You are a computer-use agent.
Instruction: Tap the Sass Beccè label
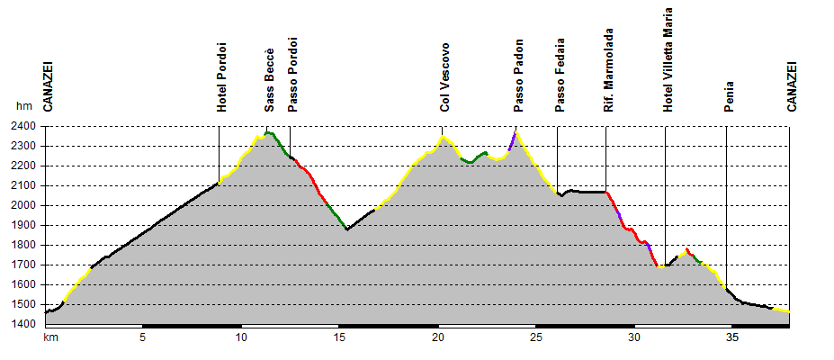pyautogui.click(x=269, y=80)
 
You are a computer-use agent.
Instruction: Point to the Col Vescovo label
pyautogui.click(x=444, y=78)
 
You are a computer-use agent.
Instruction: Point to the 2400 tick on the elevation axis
pyautogui.click(x=25, y=126)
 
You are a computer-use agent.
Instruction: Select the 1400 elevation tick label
pyautogui.click(x=25, y=324)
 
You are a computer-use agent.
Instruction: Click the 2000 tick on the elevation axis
pyautogui.click(x=25, y=205)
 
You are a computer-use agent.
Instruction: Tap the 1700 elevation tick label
pyautogui.click(x=25, y=265)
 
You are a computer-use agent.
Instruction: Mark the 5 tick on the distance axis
pyautogui.click(x=142, y=337)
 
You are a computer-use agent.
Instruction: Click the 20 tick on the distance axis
pyautogui.click(x=438, y=337)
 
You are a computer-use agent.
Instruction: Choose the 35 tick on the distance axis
pyautogui.click(x=732, y=337)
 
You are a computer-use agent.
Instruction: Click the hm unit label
pyautogui.click(x=23, y=106)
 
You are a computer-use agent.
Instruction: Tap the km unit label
pyautogui.click(x=50, y=337)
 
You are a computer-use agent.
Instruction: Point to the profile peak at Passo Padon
pyautogui.click(x=516, y=131)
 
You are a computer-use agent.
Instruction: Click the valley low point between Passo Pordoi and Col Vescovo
pyautogui.click(x=347, y=229)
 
